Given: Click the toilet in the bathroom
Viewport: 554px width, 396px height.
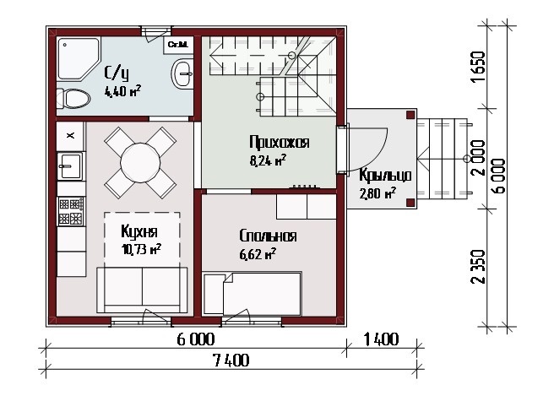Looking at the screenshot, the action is [x=73, y=99].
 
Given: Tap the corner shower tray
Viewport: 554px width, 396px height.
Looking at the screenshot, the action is [x=79, y=58].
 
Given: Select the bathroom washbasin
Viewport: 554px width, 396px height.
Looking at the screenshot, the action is [x=182, y=73].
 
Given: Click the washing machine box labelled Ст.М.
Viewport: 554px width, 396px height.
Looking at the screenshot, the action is [x=178, y=45].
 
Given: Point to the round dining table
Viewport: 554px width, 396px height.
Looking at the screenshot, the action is [x=140, y=163].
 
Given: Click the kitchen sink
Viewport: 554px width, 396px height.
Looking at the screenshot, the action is [x=70, y=166].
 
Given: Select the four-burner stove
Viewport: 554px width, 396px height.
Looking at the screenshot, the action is [x=71, y=211].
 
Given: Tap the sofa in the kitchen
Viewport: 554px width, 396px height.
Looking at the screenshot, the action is [x=142, y=290].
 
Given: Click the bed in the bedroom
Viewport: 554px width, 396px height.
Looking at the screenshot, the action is [x=253, y=294].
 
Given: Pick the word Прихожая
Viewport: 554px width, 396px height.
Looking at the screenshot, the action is [x=280, y=142].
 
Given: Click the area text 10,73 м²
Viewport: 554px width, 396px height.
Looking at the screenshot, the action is [x=141, y=249].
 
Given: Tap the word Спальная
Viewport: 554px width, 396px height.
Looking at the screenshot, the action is [x=268, y=236].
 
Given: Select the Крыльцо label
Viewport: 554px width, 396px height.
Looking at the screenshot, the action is [x=385, y=176].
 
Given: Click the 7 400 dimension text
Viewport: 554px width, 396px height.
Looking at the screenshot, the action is [x=231, y=361].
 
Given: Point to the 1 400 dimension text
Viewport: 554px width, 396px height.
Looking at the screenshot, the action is [x=381, y=339].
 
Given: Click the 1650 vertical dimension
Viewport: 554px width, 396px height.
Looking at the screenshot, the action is [x=478, y=67].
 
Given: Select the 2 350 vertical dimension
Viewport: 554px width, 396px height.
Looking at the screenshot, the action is [x=478, y=266].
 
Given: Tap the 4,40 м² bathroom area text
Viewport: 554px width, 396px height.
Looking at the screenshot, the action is [x=122, y=91].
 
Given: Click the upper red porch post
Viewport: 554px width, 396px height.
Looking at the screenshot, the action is [x=410, y=115].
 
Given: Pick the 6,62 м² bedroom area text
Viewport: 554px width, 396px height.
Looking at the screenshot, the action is [x=258, y=254].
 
